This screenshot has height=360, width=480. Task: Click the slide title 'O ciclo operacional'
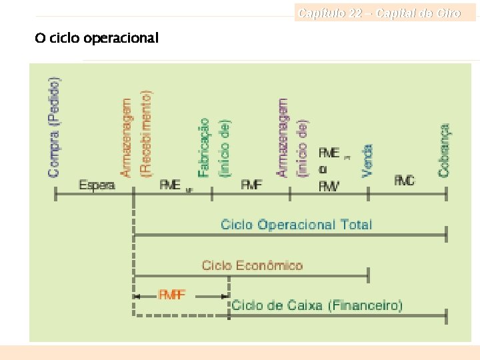97,38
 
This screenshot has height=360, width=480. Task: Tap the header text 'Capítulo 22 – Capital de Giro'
379,13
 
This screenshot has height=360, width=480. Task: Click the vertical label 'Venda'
367,161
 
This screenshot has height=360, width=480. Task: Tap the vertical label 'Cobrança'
445,150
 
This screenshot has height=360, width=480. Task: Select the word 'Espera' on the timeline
97,185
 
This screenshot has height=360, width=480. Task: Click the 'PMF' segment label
251,185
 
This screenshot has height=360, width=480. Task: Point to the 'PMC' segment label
404,181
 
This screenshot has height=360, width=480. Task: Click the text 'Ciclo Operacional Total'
296,224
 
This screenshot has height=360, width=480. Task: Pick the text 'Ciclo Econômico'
252,265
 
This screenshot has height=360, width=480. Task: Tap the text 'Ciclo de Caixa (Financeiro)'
317,305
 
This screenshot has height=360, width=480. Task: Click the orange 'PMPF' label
172,293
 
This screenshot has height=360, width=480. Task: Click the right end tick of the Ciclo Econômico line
369,274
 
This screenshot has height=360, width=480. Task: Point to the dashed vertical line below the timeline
134,253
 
